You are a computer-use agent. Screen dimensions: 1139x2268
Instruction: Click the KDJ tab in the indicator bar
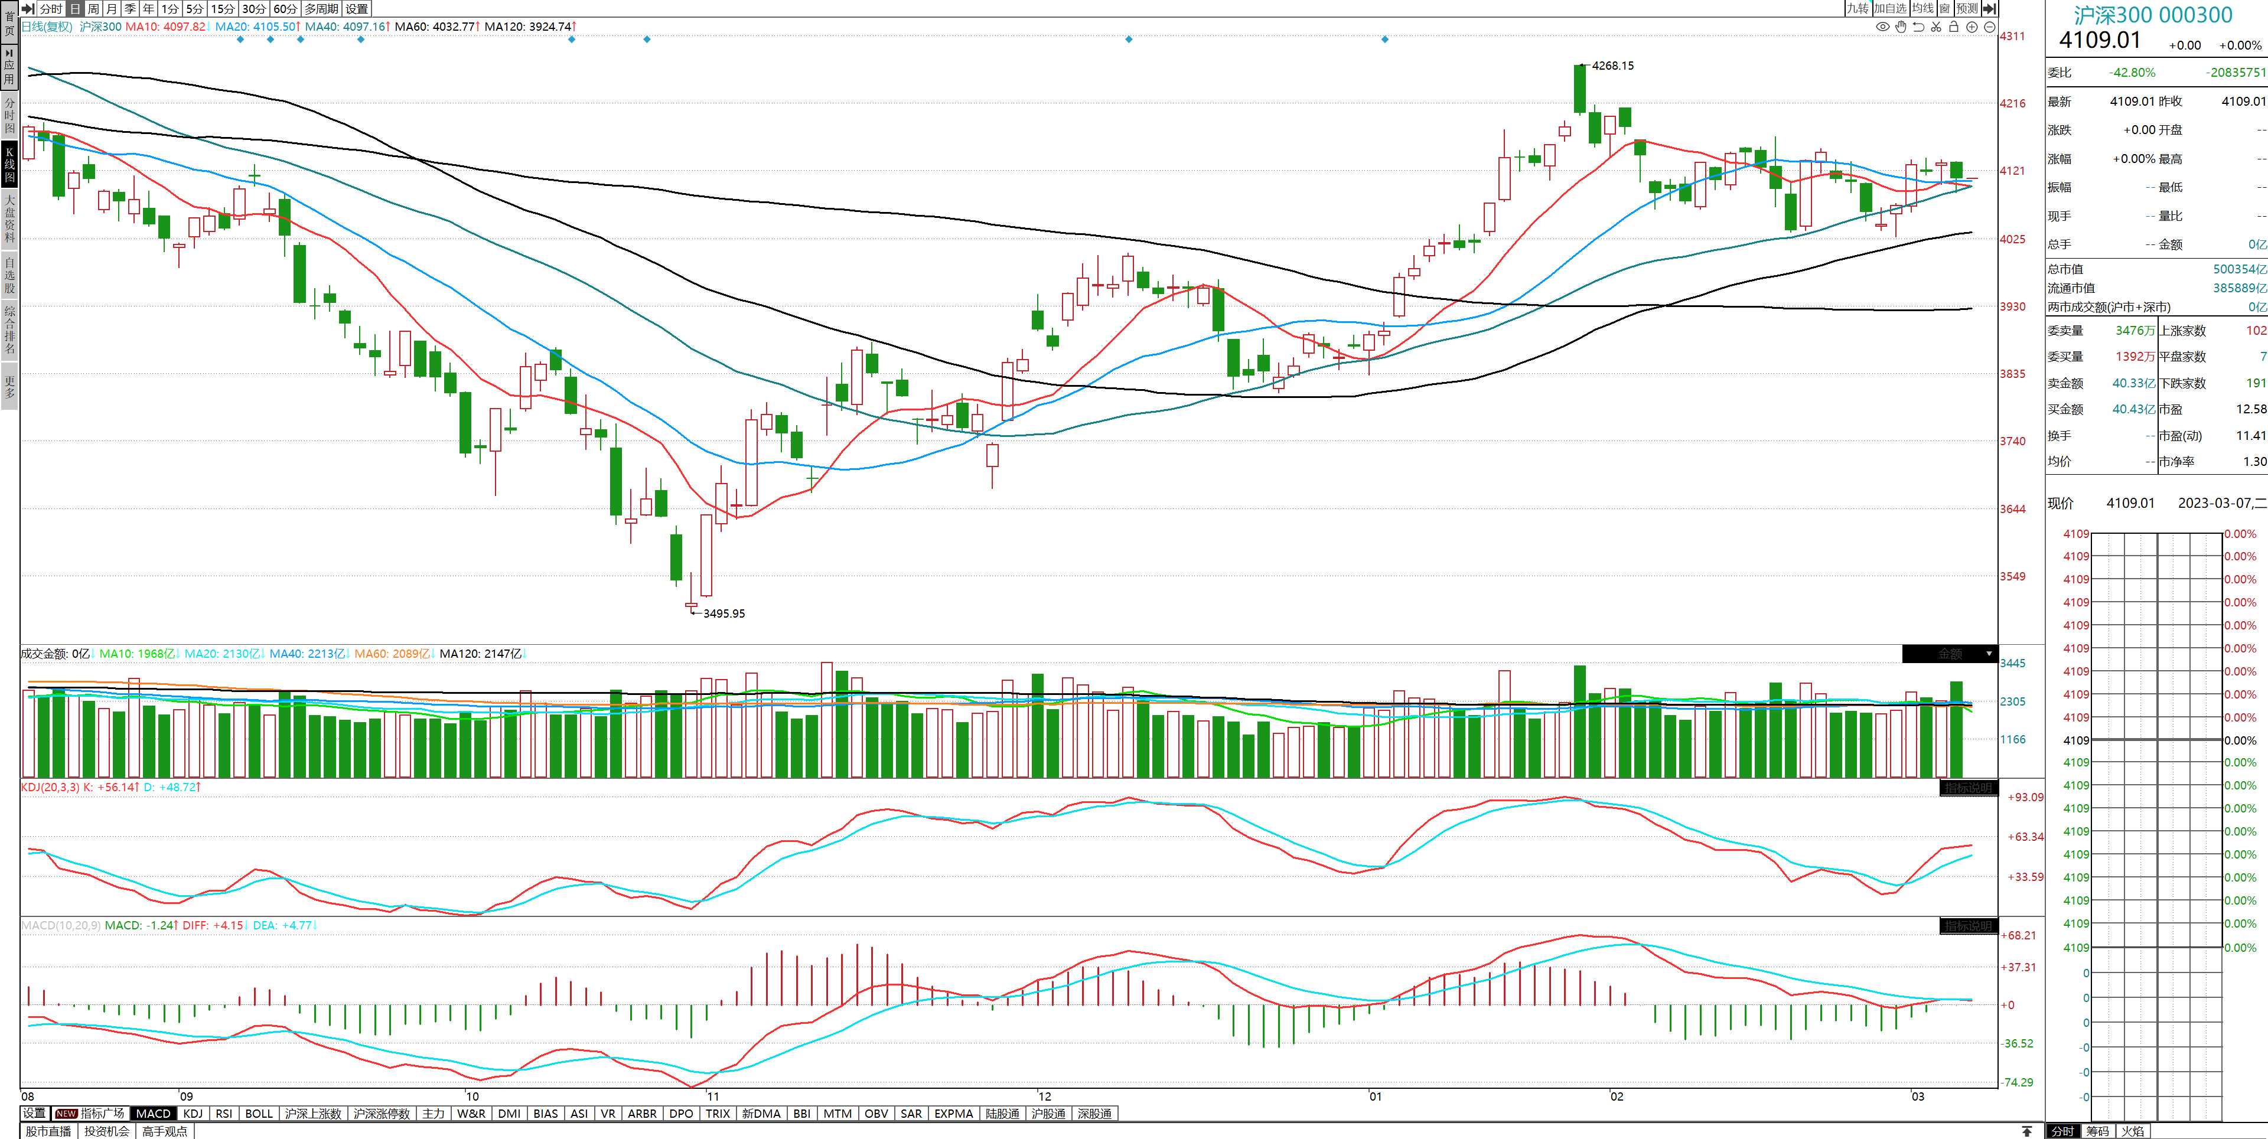(193, 1114)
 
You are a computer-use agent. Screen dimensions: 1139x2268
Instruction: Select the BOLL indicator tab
(259, 1114)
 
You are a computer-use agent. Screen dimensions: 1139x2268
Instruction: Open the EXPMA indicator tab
(953, 1114)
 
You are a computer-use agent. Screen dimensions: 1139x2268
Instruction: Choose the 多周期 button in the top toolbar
(321, 9)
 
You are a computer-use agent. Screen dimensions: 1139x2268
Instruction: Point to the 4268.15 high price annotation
(1612, 66)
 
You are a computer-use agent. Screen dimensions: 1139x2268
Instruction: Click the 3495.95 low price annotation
(724, 613)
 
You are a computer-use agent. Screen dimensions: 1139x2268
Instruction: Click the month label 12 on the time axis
(1044, 1096)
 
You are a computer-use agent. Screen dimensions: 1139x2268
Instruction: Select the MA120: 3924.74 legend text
(528, 27)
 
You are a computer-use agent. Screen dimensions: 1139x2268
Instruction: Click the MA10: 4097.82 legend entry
(165, 27)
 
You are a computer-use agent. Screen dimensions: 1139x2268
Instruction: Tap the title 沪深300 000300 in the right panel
(2153, 15)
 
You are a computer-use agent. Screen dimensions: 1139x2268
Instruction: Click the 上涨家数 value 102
(2256, 331)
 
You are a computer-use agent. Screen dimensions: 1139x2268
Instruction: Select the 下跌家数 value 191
(2256, 383)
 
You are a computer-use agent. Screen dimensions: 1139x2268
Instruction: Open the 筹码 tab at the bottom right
(2097, 1131)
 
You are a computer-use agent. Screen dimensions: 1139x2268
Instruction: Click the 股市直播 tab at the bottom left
(48, 1131)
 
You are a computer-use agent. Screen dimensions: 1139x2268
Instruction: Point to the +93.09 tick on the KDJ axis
(2025, 798)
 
